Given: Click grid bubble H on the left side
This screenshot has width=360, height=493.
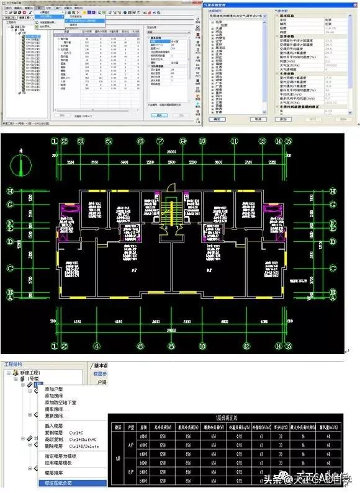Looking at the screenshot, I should tap(11, 189).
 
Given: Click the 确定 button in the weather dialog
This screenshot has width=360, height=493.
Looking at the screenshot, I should tap(217, 118).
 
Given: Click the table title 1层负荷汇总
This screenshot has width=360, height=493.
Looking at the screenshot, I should tap(230, 419).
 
